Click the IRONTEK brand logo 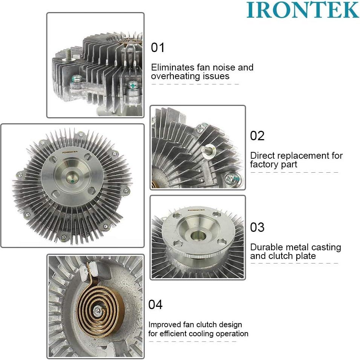[303, 10]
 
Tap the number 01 [158, 48]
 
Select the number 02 [257, 136]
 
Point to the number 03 [257, 227]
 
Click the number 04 [155, 305]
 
